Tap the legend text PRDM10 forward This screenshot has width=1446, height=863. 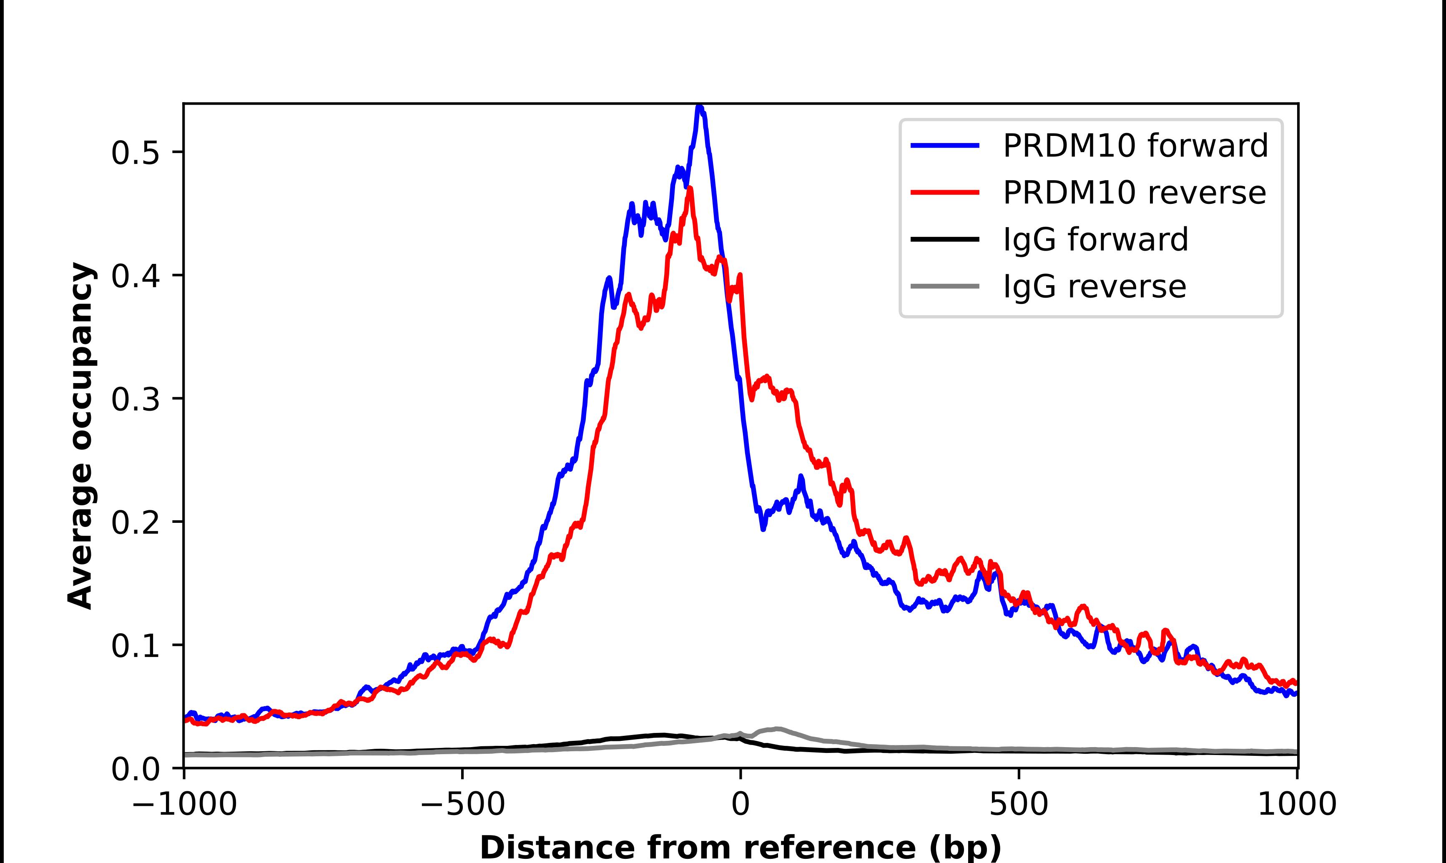click(x=1135, y=146)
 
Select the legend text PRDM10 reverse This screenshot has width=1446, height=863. click(x=1134, y=193)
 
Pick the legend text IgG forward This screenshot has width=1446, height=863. click(x=1095, y=240)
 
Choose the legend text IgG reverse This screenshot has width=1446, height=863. click(x=1094, y=287)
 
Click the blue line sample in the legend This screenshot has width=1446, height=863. click(x=945, y=146)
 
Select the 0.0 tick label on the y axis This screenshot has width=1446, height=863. click(x=135, y=769)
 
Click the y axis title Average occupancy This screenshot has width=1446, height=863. click(x=80, y=436)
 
